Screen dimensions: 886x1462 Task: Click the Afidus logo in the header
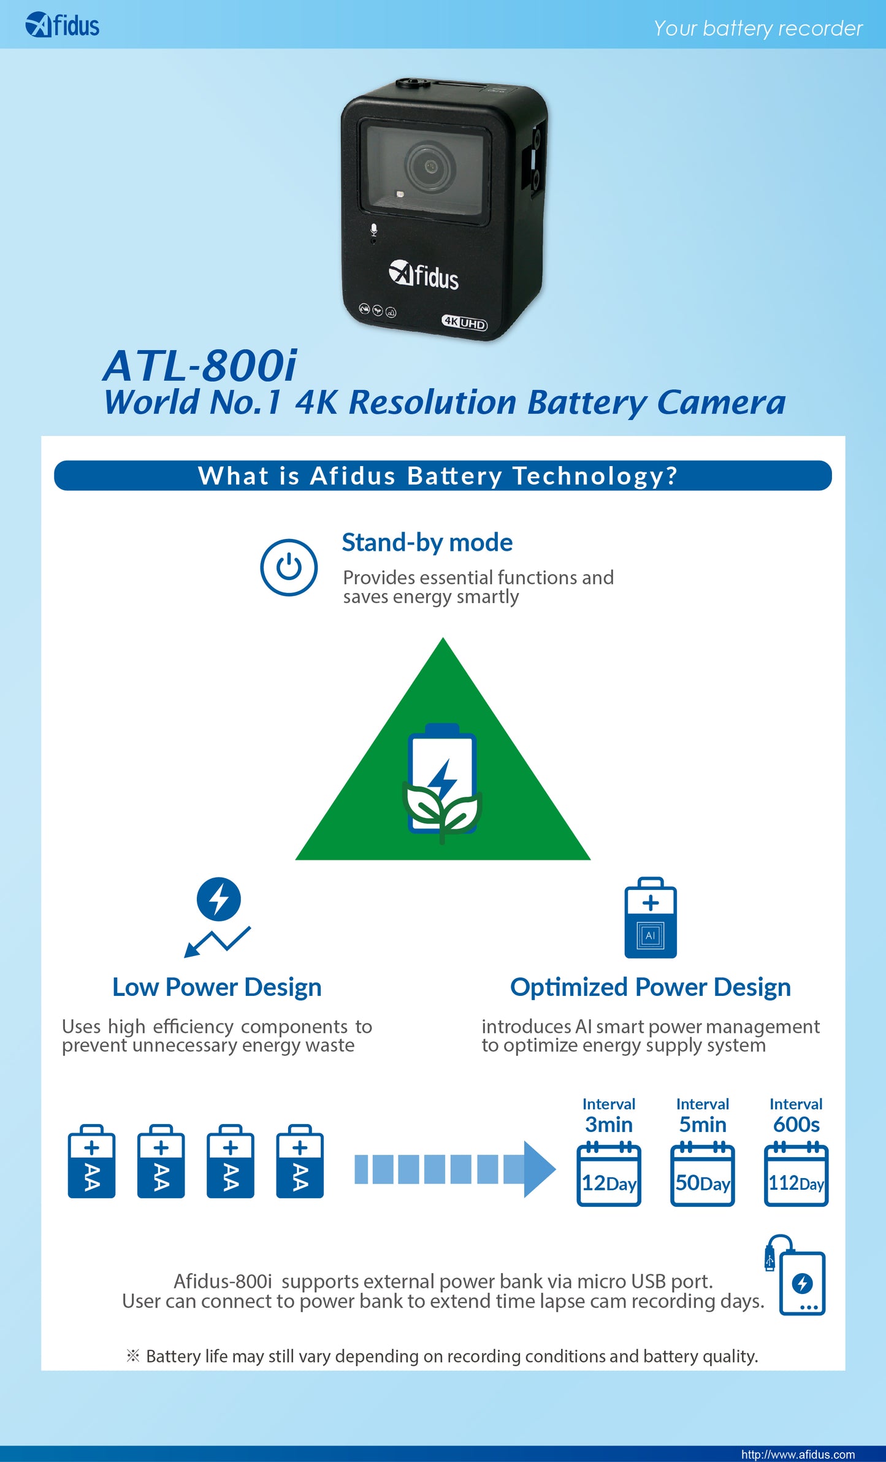pos(62,25)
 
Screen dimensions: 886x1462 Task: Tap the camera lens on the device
pos(430,166)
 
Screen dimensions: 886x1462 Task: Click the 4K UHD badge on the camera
pos(465,322)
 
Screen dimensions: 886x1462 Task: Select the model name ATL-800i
pos(200,365)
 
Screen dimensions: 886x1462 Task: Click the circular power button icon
pos(289,567)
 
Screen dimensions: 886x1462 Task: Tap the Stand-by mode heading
pos(427,543)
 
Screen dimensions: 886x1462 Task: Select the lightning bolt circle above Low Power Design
pos(219,900)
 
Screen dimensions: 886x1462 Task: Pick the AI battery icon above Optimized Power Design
pos(651,917)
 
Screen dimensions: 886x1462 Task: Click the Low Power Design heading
pos(217,987)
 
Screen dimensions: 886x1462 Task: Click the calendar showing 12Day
pos(609,1174)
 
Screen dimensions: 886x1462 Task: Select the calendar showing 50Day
pos(703,1174)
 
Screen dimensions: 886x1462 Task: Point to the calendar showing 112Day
pos(796,1174)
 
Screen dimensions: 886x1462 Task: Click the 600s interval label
pos(796,1125)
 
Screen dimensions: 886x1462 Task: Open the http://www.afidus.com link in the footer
pos(798,1454)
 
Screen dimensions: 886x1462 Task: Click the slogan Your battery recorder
pos(758,28)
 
